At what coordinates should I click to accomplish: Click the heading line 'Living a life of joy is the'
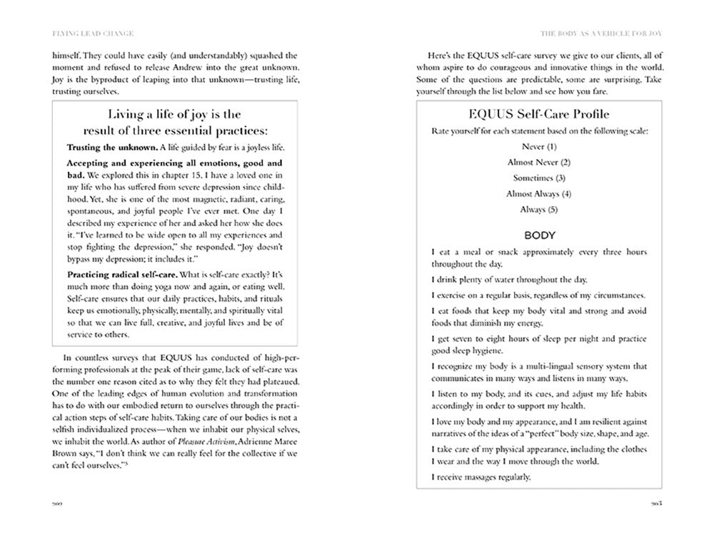coord(174,114)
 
